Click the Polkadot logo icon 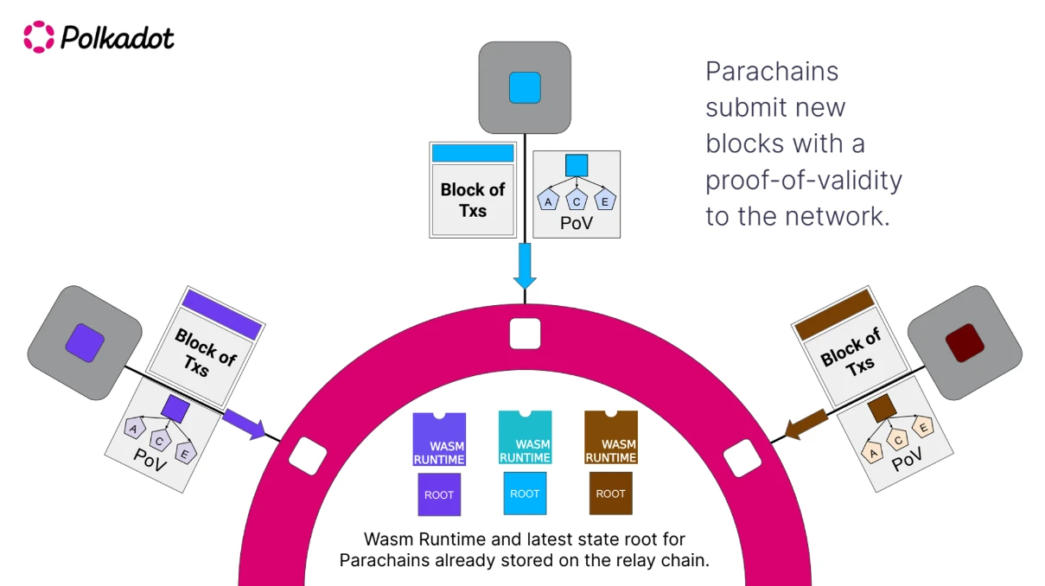(x=38, y=37)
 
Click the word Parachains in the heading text (x=771, y=71)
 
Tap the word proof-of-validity (x=803, y=180)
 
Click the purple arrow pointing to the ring (x=244, y=424)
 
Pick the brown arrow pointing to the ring (x=807, y=424)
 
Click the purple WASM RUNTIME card (x=439, y=439)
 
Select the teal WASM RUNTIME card (x=525, y=438)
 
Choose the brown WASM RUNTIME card (x=610, y=438)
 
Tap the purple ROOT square (x=439, y=494)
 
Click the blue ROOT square (x=525, y=494)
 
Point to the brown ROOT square (x=610, y=494)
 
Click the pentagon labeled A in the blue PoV (x=548, y=201)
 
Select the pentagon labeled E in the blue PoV (x=606, y=201)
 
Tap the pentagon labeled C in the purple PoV (x=159, y=440)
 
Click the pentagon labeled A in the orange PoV (x=873, y=453)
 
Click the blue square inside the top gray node (x=525, y=87)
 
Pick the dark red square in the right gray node (x=959, y=343)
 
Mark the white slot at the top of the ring (x=525, y=333)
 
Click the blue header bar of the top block (x=473, y=153)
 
